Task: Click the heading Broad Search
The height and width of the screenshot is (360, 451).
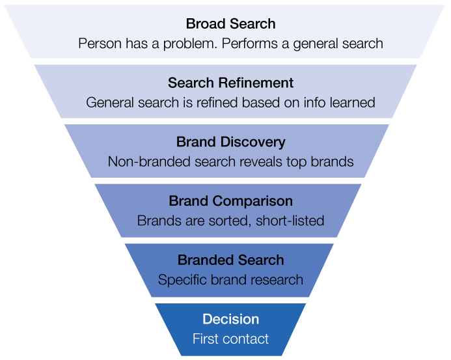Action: pos(230,24)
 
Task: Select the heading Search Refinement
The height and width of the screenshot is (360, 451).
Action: pos(230,83)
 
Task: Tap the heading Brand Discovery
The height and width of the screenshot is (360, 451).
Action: pos(230,142)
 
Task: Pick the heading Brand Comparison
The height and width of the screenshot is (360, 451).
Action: pos(230,201)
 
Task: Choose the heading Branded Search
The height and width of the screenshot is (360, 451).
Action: pos(230,260)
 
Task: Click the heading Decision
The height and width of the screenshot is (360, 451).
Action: pos(230,320)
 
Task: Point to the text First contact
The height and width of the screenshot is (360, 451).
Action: pos(230,339)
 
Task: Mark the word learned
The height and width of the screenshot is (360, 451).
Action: pos(351,103)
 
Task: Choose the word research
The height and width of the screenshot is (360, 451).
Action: pos(277,280)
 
